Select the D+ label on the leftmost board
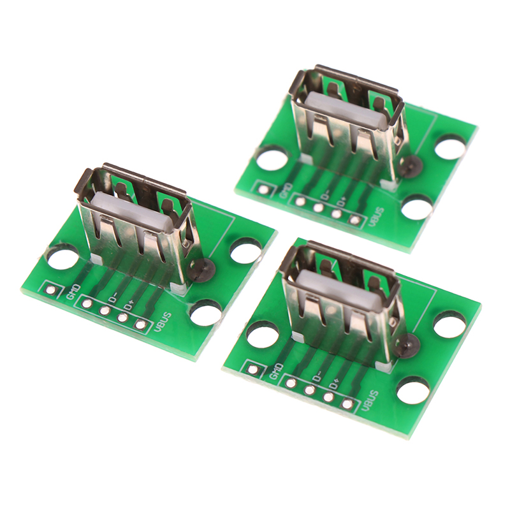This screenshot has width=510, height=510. pyautogui.click(x=128, y=305)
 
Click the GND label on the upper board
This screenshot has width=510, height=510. pyautogui.click(x=286, y=191)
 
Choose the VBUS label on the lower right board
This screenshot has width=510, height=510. pyautogui.click(x=370, y=402)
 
